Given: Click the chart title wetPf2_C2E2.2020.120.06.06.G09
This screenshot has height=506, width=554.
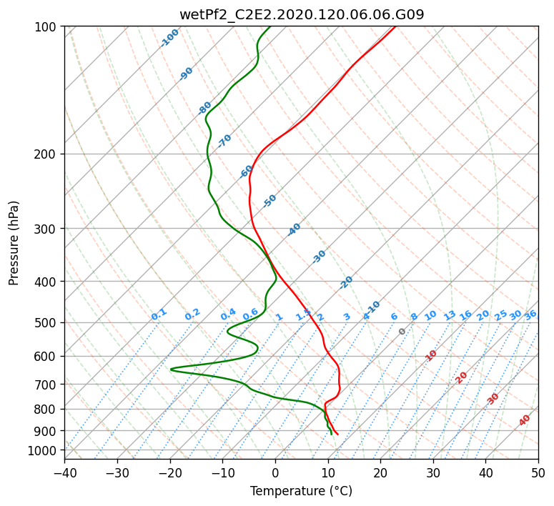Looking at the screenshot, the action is coord(302,14).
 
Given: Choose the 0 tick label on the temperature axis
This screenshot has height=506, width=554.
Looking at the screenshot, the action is coord(275,472).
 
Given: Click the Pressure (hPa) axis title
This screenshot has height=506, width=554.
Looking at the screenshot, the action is coord(14,243).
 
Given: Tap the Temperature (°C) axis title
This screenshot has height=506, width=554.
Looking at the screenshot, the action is coord(302,491).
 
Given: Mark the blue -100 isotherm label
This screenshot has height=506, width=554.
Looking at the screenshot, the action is coord(169,38).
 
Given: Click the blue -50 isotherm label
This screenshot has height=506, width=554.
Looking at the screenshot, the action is coord(269,201).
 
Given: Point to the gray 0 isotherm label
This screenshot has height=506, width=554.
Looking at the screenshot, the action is coord(402,332).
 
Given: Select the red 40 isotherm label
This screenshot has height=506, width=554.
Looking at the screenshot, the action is coord(524,420).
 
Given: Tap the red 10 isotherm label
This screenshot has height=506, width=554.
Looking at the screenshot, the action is coord(430,355).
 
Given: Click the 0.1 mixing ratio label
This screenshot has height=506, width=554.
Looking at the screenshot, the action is coord(159,314).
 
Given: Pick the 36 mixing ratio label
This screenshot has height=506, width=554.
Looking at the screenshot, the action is coord(530,315).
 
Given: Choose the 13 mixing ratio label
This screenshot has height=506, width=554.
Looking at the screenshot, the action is coord(450,316).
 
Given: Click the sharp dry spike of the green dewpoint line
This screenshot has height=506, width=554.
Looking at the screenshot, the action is coord(171,369).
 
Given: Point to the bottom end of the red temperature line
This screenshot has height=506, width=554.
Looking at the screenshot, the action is coord(338,434).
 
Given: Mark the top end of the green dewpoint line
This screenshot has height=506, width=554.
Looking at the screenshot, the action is coord(270,26).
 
